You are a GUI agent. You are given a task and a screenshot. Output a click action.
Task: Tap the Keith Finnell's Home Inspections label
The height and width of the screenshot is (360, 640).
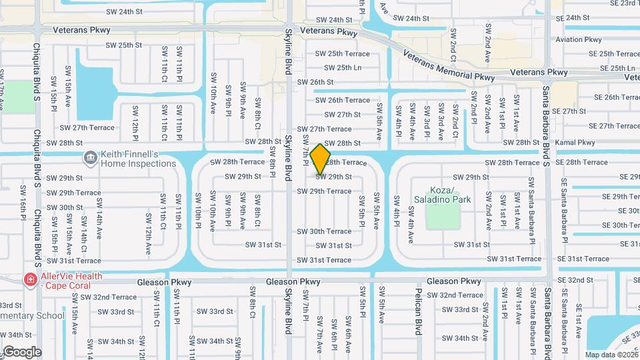click(138, 158)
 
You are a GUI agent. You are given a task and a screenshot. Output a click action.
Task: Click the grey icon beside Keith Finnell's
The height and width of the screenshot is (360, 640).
click(90, 158)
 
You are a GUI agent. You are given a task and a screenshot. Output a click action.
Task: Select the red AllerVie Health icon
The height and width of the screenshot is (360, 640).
click(29, 279)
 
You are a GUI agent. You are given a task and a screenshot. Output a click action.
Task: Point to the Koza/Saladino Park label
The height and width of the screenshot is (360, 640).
click(450, 195)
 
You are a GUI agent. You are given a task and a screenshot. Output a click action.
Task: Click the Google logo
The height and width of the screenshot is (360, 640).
click(22, 351)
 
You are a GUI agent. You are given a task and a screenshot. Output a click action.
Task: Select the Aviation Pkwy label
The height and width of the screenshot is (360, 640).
click(579, 39)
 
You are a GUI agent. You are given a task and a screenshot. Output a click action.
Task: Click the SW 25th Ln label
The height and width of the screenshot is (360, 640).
click(343, 67)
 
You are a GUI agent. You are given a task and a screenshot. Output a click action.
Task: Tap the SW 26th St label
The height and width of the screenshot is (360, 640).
click(315, 82)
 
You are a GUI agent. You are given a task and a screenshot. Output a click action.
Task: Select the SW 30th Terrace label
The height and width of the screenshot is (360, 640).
click(324, 231)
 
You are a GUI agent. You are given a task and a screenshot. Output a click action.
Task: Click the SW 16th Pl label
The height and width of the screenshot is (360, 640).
click(22, 209)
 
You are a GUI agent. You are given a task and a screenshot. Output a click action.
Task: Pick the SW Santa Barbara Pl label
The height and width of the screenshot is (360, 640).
click(532, 207)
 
